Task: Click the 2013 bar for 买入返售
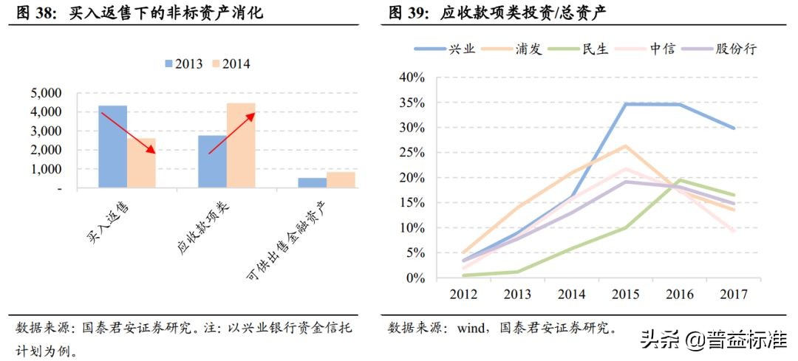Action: coord(112,147)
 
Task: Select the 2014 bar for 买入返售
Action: coord(141,163)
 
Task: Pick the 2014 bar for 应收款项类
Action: coord(241,145)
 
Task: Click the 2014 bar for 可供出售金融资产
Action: coord(341,180)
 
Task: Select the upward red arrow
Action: coord(232,134)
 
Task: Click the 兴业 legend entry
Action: coord(445,49)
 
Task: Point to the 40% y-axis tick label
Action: coord(410,78)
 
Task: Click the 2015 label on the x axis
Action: coord(626,295)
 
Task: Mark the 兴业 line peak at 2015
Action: coord(626,104)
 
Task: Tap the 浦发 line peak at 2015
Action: coord(625,146)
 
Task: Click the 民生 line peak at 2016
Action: coord(680,180)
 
